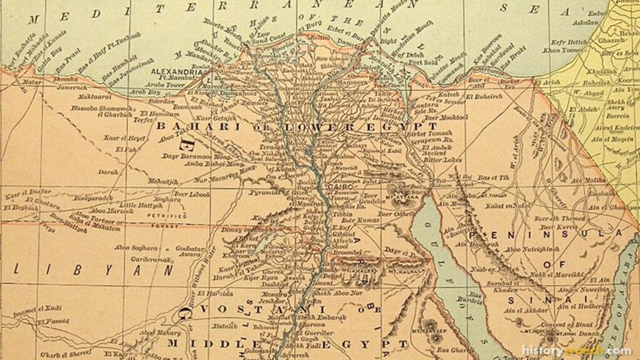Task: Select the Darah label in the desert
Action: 108,171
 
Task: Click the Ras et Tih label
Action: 493,178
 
